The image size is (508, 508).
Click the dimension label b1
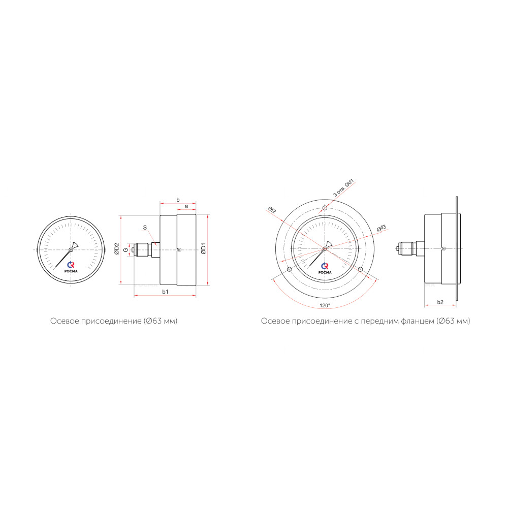(x=165, y=292)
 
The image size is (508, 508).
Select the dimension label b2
(x=440, y=302)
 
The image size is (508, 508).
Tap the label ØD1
(x=204, y=248)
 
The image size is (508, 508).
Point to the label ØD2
(x=117, y=249)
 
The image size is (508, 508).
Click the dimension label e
(x=186, y=206)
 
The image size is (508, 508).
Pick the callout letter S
(x=145, y=228)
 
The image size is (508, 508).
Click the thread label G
(x=125, y=250)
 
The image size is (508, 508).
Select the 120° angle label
(x=325, y=305)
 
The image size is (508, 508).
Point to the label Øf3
(x=382, y=228)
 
